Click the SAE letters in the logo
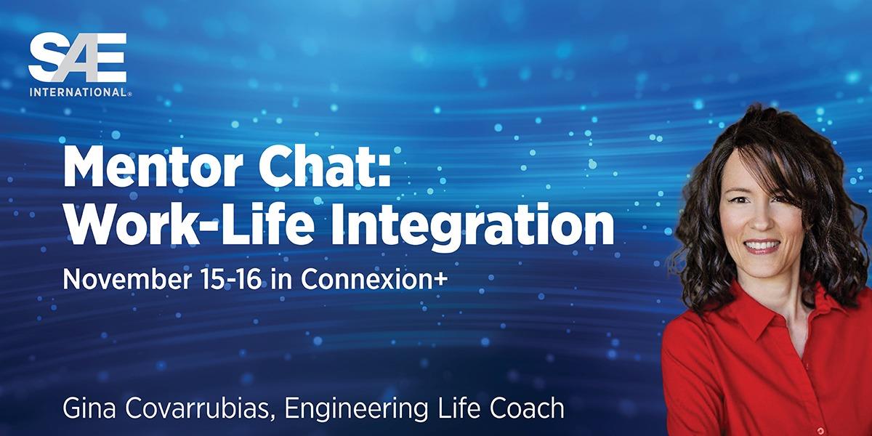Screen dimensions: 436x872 (77, 58)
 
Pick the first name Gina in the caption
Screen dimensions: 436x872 (85, 408)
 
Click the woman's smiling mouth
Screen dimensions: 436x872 (761, 246)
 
